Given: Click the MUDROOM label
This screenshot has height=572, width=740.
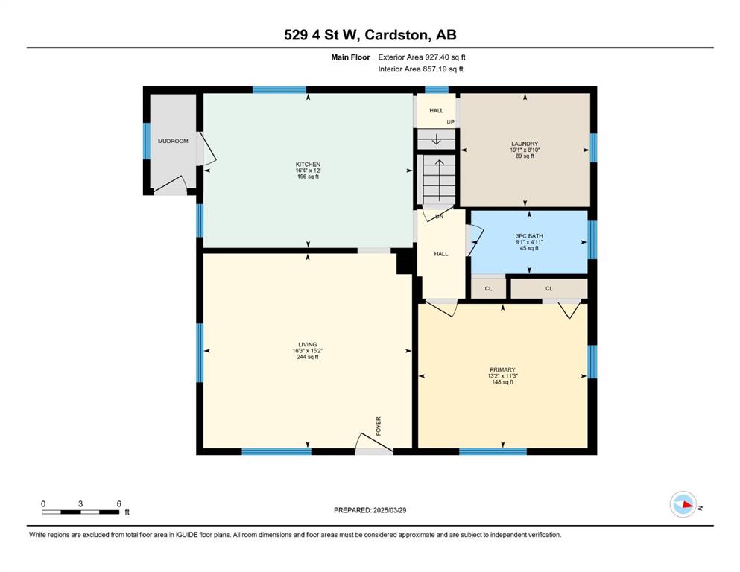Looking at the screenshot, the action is click(x=173, y=141).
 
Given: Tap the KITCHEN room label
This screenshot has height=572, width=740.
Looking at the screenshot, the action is click(x=308, y=165).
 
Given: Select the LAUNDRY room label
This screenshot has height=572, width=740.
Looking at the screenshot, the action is click(x=525, y=144).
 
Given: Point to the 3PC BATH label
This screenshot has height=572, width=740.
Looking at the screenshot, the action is click(x=529, y=236).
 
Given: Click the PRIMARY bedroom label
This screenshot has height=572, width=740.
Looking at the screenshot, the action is click(x=502, y=369).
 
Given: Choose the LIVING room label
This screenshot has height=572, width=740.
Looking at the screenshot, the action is click(x=307, y=345).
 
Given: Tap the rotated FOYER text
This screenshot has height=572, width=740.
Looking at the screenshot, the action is click(x=378, y=426).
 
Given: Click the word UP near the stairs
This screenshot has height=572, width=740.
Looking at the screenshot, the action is click(x=450, y=122).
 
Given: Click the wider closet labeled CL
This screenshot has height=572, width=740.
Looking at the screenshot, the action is click(x=549, y=288).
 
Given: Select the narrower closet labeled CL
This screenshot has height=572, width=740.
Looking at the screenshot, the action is click(x=488, y=288).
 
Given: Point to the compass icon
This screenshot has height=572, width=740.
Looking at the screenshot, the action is click(x=683, y=504).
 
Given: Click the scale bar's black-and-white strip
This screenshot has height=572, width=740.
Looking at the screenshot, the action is click(x=80, y=512).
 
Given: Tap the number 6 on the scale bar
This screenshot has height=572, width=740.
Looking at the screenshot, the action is click(x=119, y=503).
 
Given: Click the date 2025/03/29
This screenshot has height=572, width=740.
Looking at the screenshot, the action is click(x=389, y=510).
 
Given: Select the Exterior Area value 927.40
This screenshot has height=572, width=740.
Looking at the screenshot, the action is click(x=436, y=57).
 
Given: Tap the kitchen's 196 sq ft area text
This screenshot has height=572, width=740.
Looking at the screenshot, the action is click(x=308, y=177).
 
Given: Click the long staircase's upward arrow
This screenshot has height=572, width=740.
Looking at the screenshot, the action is click(x=439, y=180).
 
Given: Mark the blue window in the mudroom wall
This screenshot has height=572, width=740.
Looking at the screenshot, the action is click(x=146, y=141).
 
